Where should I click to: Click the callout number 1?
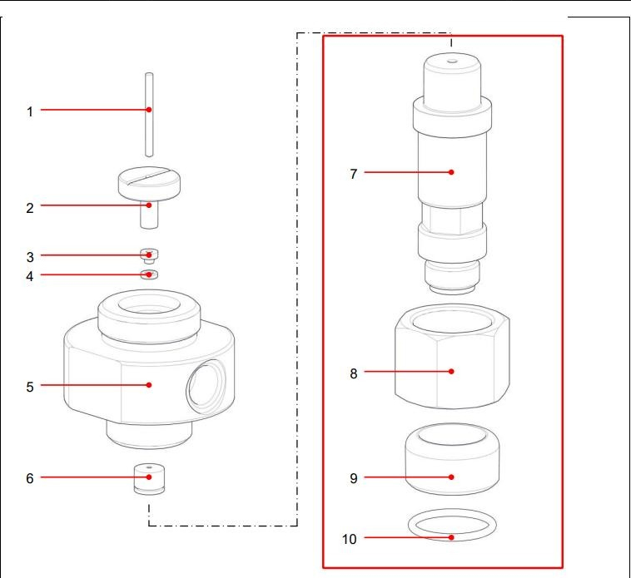30,111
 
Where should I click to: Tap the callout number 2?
30,206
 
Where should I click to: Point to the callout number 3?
30,256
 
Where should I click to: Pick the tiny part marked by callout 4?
150,274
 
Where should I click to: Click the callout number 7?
353,173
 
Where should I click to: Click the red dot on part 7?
451,172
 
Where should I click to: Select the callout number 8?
353,373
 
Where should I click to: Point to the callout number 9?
353,478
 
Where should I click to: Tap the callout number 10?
349,539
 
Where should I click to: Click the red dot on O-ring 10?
451,537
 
